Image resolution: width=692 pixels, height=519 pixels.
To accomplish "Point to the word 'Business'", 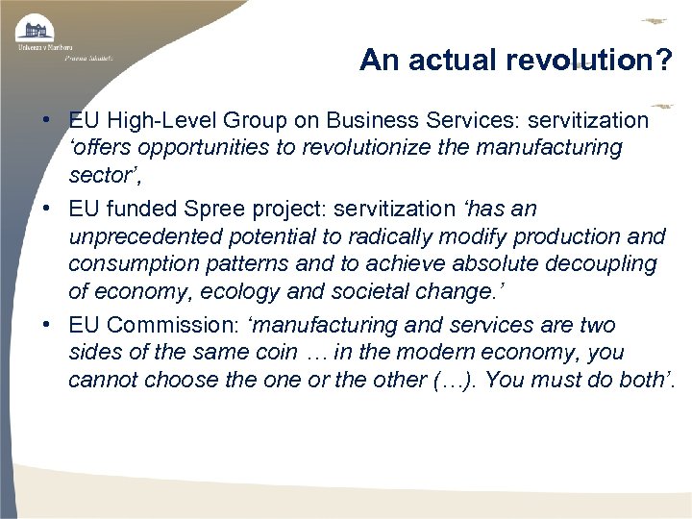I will [x=368, y=121].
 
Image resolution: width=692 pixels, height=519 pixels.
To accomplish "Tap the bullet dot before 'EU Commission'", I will [x=46, y=326].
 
